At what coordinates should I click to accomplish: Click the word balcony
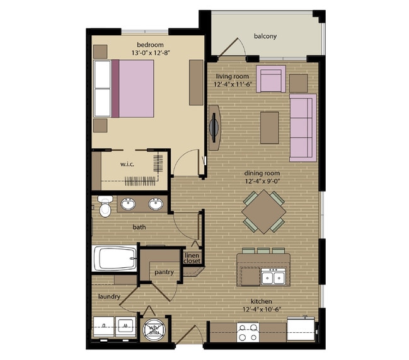point(265,36)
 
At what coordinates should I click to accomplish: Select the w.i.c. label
point(129,165)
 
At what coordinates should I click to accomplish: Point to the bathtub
point(115,258)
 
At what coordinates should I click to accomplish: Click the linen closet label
point(192,257)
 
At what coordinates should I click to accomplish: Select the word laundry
point(109,295)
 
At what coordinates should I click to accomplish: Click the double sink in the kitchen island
point(274,276)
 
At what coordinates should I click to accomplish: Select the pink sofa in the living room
point(302,127)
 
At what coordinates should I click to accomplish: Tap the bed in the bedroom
point(124,88)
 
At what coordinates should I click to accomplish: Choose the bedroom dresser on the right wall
point(196,82)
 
